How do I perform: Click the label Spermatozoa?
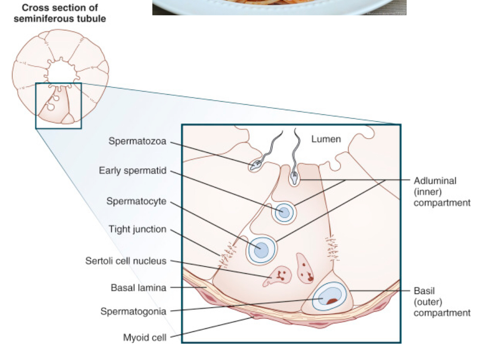[137, 141]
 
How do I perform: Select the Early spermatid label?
[132, 171]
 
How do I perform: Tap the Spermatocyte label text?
[136, 201]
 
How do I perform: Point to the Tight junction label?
[137, 229]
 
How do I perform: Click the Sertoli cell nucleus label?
[125, 261]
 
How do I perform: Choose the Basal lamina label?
[138, 288]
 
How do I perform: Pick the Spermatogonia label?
[133, 311]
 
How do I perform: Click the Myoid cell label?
[144, 337]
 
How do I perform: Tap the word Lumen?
[326, 139]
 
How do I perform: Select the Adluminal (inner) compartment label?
[442, 192]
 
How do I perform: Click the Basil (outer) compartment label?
[442, 302]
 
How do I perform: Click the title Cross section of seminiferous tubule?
[60, 13]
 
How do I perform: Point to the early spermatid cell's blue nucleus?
[282, 212]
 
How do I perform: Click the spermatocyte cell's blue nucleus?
[260, 250]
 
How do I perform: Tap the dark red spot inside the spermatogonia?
[332, 302]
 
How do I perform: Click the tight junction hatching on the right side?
[332, 249]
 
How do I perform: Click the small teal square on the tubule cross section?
[59, 106]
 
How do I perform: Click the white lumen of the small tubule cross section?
[60, 72]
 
